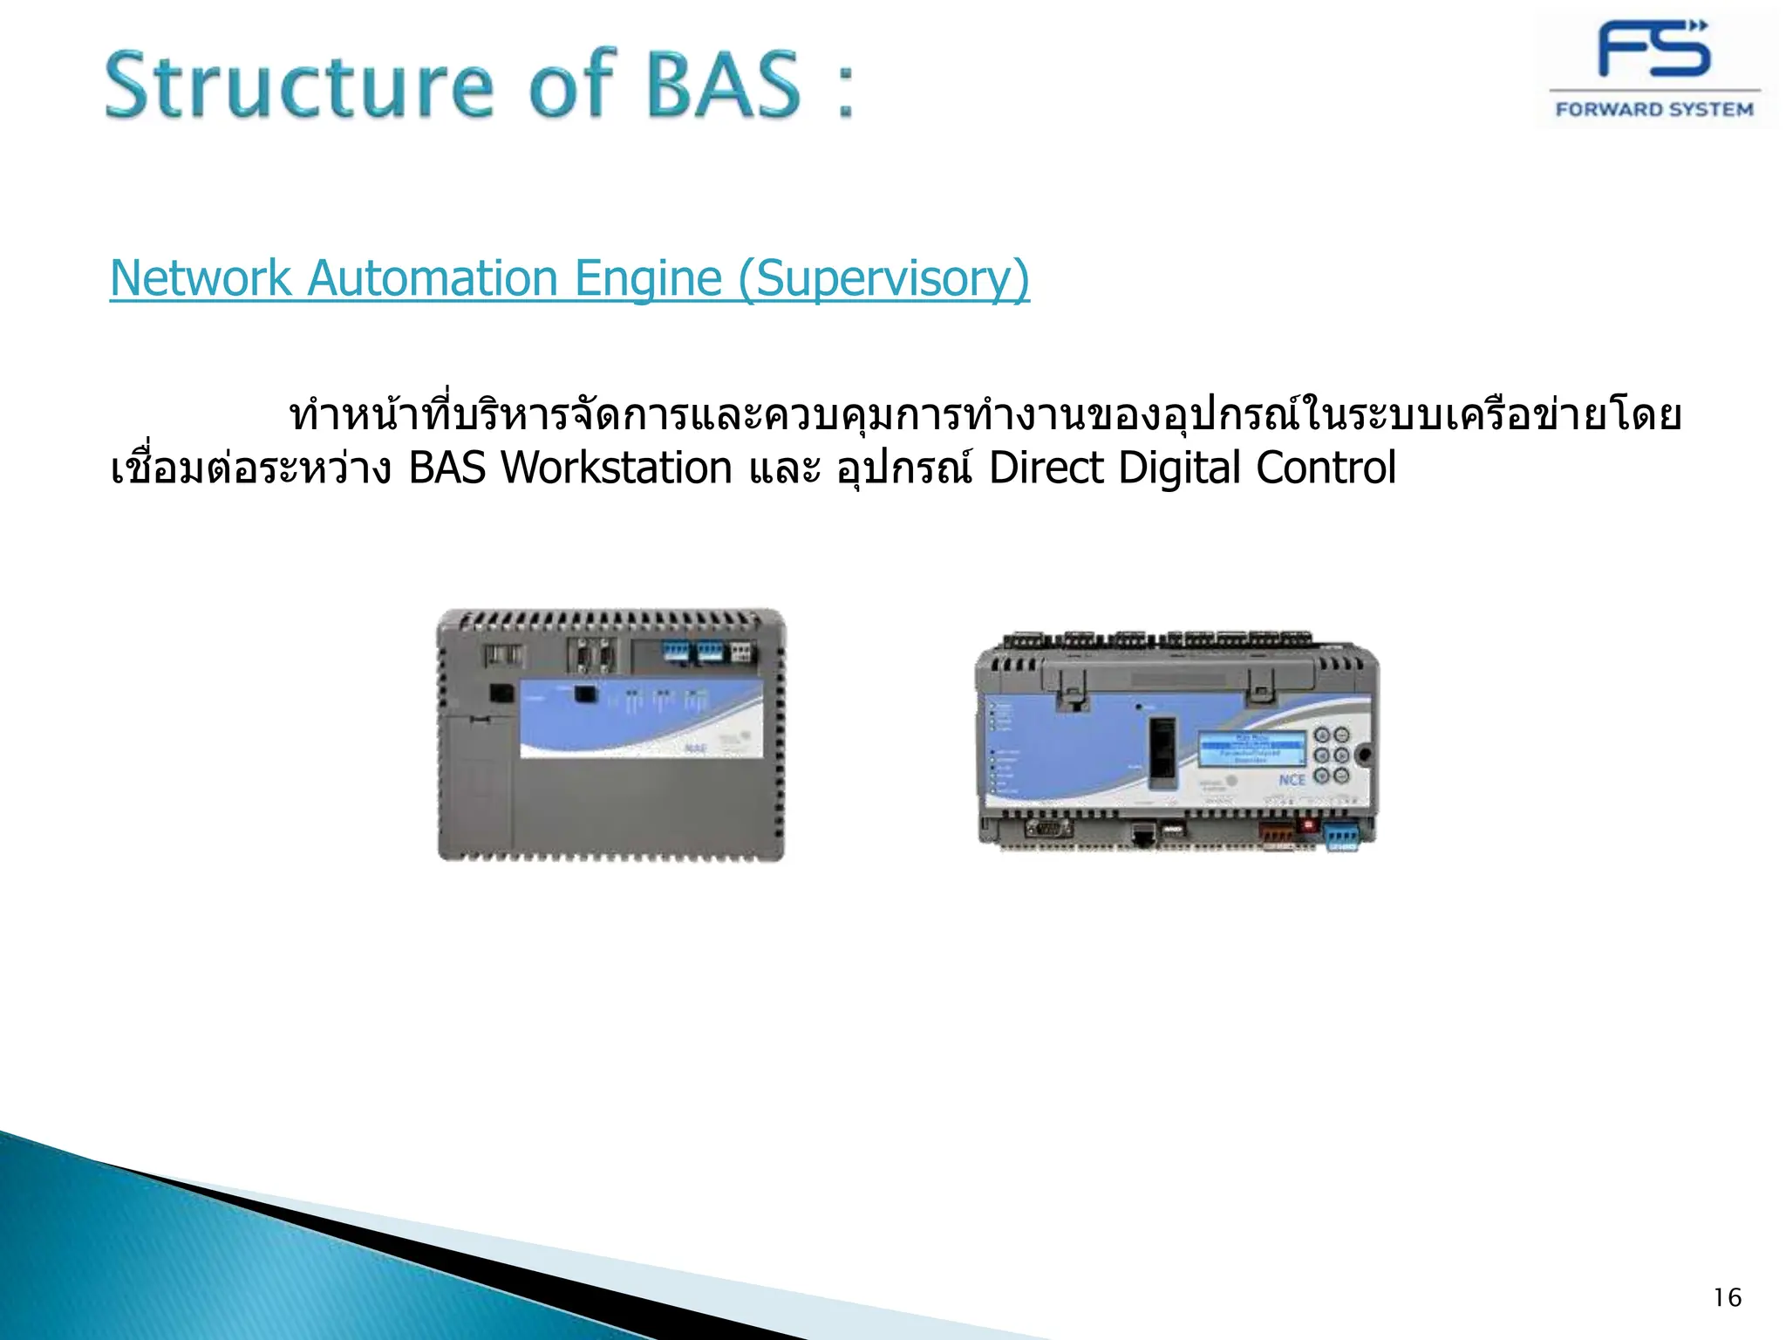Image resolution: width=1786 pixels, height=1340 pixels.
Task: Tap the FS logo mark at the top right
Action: pos(1653,50)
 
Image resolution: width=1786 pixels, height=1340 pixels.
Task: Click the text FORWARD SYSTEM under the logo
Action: pos(1654,110)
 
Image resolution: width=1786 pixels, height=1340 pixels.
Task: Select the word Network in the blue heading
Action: pos(201,279)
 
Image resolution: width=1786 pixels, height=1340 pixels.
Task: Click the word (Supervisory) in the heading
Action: pos(883,279)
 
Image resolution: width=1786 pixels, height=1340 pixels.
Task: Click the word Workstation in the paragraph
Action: pos(616,468)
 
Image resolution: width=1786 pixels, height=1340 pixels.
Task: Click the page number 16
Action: pos(1727,1298)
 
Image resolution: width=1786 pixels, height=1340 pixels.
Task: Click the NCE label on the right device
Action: pos(1292,779)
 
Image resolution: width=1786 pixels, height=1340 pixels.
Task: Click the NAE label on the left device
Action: pos(695,749)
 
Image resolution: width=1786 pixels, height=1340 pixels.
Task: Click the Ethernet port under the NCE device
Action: pos(1142,835)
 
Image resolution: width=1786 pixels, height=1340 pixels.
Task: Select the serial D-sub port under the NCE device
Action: pos(1048,828)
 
